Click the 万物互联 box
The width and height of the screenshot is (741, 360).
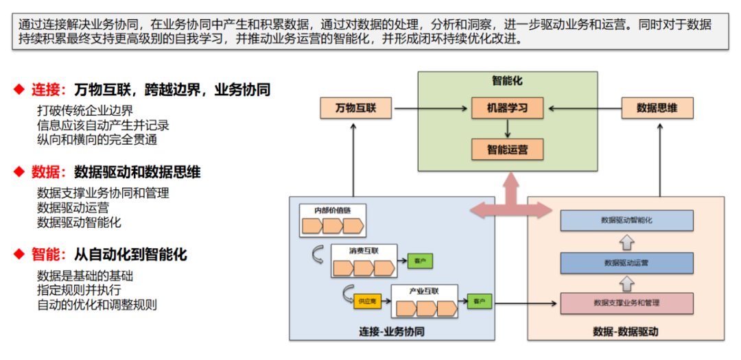click(354, 108)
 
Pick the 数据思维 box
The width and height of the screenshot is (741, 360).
click(657, 108)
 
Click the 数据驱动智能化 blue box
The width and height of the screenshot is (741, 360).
click(626, 221)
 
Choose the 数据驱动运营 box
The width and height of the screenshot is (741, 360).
click(626, 262)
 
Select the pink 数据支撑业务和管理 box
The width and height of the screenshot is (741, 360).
click(626, 302)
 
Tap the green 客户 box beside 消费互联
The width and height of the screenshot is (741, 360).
click(419, 261)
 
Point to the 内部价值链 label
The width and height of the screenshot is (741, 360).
click(331, 209)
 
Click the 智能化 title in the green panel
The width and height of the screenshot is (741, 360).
click(506, 81)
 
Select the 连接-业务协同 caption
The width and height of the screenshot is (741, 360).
click(391, 331)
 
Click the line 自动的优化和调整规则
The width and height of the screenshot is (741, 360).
click(97, 304)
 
